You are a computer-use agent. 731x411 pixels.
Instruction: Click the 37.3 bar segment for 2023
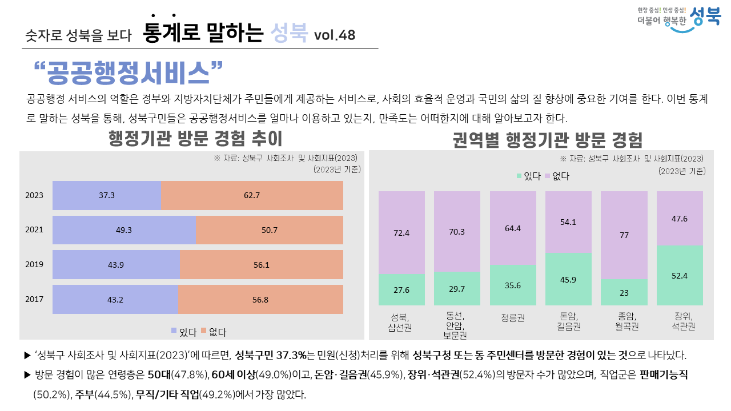pyautogui.click(x=107, y=195)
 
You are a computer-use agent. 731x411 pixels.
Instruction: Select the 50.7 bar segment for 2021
pyautogui.click(x=270, y=230)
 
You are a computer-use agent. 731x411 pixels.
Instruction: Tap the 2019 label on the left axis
pyautogui.click(x=34, y=265)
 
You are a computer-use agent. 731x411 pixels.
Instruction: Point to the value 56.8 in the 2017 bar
pyautogui.click(x=260, y=299)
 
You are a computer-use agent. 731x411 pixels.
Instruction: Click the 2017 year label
pyautogui.click(x=34, y=299)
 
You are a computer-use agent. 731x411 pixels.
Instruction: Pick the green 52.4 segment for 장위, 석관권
pyautogui.click(x=680, y=275)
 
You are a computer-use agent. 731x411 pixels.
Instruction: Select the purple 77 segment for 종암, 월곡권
pyautogui.click(x=624, y=235)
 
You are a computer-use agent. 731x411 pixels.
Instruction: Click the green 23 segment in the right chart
pyautogui.click(x=624, y=292)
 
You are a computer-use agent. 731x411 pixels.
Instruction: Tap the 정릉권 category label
pyautogui.click(x=513, y=317)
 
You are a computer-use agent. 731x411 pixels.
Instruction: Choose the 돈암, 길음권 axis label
pyautogui.click(x=568, y=321)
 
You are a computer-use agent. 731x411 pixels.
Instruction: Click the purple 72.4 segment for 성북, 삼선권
pyautogui.click(x=401, y=232)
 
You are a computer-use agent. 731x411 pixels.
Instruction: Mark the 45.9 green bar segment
pyautogui.click(x=568, y=279)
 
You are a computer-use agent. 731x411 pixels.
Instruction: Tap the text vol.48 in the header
pyautogui.click(x=334, y=35)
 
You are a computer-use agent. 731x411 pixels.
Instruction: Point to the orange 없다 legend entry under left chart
pyautogui.click(x=214, y=331)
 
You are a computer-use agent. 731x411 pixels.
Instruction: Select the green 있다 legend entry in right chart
pyautogui.click(x=528, y=176)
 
